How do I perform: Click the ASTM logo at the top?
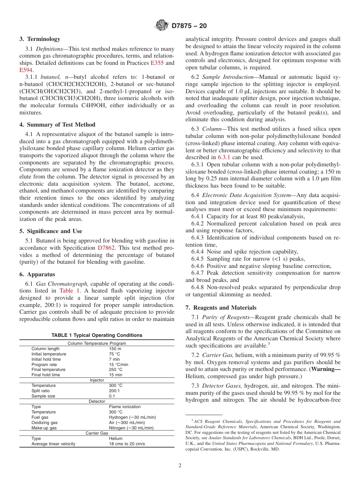(162, 26)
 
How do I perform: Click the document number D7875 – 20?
(189, 26)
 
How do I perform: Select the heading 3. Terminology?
(40, 39)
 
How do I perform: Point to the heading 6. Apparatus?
(37, 274)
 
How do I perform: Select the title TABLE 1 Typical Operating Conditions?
(97, 335)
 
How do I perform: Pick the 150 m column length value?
(115, 349)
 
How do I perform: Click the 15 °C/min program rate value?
(119, 365)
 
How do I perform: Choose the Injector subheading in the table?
(97, 380)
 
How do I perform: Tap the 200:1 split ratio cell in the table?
(114, 391)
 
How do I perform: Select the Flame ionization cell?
(125, 407)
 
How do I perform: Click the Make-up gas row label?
(44, 428)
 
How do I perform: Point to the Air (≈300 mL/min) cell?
(127, 423)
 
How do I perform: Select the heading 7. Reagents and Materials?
(221, 308)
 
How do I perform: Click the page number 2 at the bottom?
(180, 466)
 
